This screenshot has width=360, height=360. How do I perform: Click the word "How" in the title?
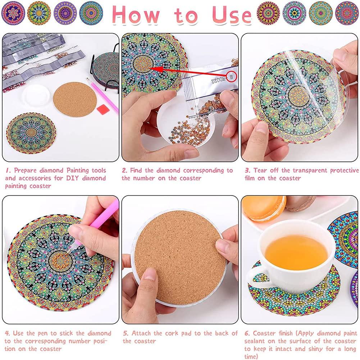pyautogui.click(x=136, y=14)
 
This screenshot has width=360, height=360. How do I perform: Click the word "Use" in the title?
pyautogui.click(x=232, y=14)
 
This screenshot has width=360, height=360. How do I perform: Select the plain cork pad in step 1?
pyautogui.click(x=74, y=99)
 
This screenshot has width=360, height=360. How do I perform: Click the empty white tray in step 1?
pyautogui.click(x=36, y=95)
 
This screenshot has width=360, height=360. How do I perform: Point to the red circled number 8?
pyautogui.click(x=232, y=77)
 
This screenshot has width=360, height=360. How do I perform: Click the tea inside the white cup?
pyautogui.click(x=296, y=252)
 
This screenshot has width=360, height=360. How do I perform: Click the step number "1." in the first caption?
pyautogui.click(x=8, y=170)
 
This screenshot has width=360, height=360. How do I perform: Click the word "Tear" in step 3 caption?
pyautogui.click(x=260, y=170)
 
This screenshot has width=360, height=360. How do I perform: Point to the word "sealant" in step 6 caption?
pyautogui.click(x=255, y=341)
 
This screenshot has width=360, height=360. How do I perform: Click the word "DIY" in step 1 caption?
pyautogui.click(x=73, y=178)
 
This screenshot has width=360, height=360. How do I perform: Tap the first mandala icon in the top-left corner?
pyautogui.click(x=13, y=13)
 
